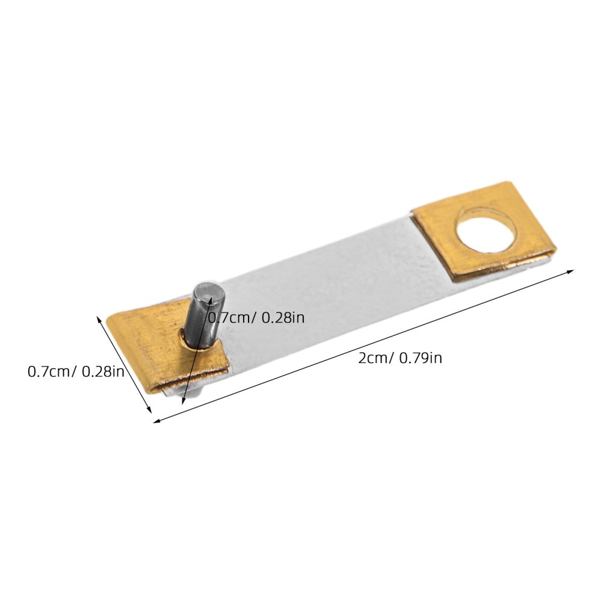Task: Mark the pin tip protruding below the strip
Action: pyautogui.click(x=197, y=392)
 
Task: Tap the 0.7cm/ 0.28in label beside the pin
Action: pyautogui.click(x=256, y=317)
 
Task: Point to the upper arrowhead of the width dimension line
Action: pyautogui.click(x=100, y=317)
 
